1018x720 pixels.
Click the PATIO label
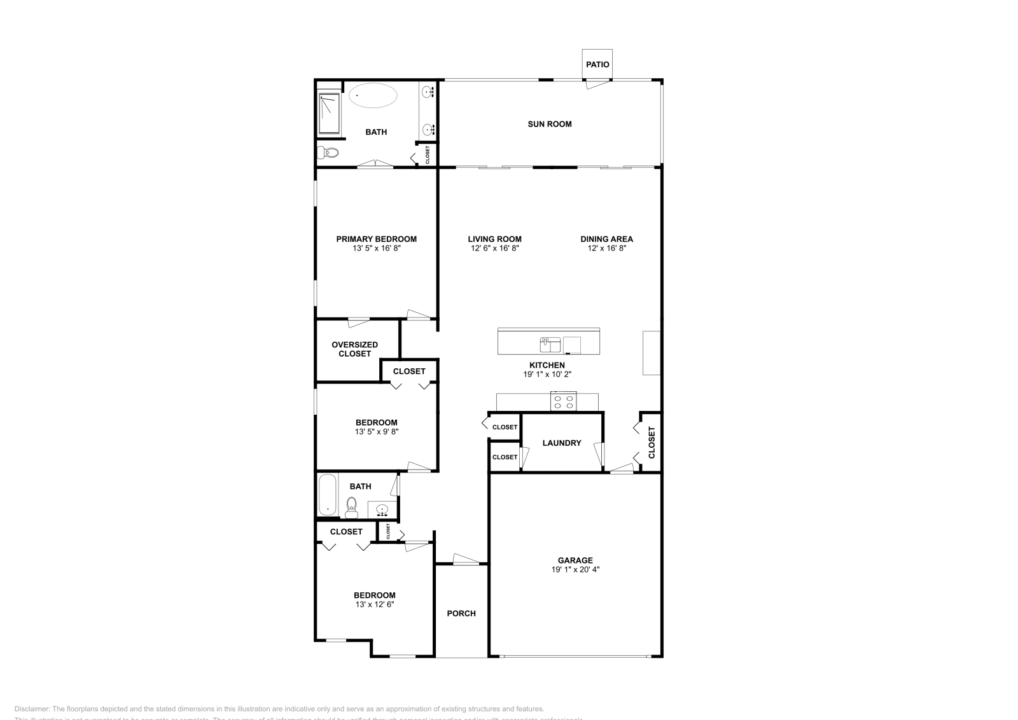[597, 64]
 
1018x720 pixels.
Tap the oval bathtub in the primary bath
[373, 96]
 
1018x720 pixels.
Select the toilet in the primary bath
[329, 153]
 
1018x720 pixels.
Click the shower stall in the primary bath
[329, 114]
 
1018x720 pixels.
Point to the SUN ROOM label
[550, 124]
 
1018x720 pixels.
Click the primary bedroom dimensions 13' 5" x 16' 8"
[376, 249]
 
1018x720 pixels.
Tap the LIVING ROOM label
[495, 239]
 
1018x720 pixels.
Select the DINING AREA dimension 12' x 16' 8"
[606, 249]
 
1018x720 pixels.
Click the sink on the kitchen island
[550, 344]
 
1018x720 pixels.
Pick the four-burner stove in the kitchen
[564, 402]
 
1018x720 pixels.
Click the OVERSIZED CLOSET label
[354, 349]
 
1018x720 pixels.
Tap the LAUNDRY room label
[562, 443]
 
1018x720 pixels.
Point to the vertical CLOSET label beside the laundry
[652, 443]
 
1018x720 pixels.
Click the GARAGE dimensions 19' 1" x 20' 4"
[575, 570]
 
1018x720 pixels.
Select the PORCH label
[461, 614]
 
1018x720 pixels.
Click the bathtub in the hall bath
[327, 495]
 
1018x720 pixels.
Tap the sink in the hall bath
[382, 509]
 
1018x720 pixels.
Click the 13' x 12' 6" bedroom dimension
[375, 605]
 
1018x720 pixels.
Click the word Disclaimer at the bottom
[31, 709]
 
